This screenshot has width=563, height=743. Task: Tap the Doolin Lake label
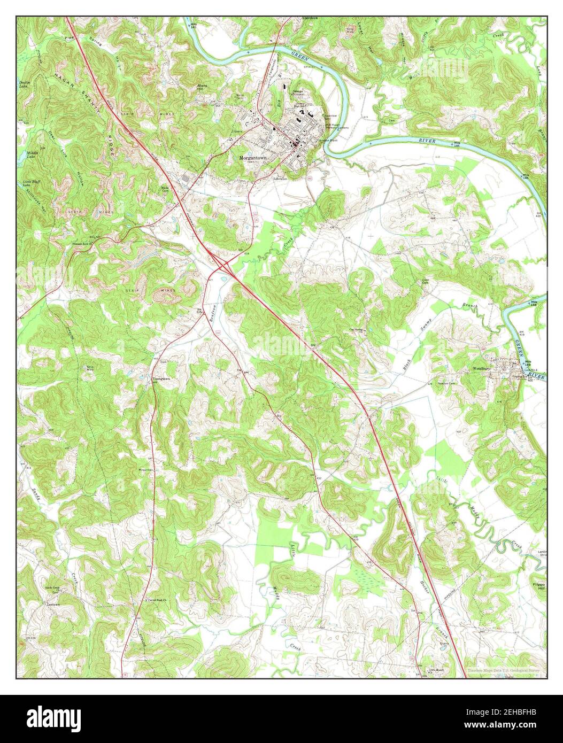(25, 84)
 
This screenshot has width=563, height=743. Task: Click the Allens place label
(203, 86)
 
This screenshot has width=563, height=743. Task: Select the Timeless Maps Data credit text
(503, 670)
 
